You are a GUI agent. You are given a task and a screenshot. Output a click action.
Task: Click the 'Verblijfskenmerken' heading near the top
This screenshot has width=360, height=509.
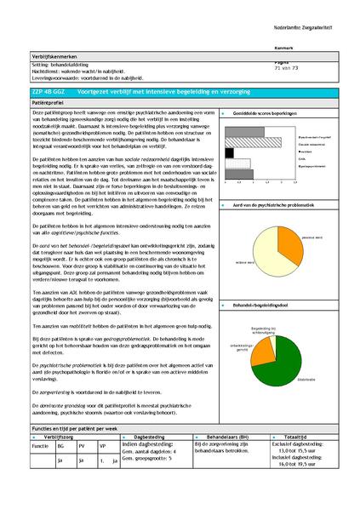[x=54, y=52]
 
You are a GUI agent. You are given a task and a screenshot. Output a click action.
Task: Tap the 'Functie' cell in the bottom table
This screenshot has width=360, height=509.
[x=40, y=445]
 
